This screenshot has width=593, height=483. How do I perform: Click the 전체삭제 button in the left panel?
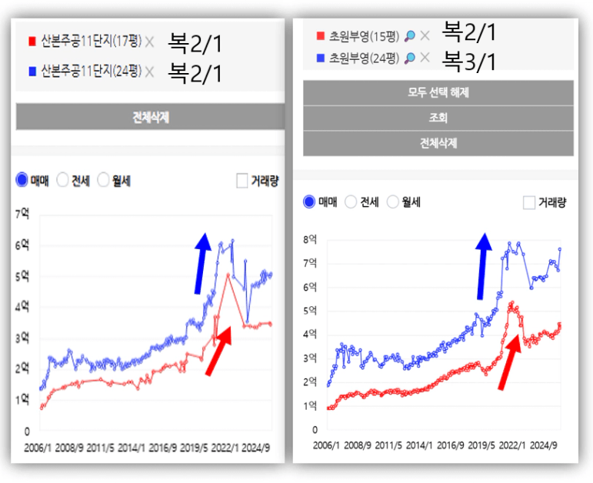click(150, 118)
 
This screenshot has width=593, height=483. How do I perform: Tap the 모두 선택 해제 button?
click(438, 92)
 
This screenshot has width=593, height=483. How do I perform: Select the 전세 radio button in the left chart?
click(64, 181)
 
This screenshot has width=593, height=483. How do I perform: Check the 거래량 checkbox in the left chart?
click(242, 181)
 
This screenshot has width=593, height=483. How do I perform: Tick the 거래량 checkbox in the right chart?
click(528, 202)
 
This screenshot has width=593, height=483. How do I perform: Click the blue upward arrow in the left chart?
click(202, 262)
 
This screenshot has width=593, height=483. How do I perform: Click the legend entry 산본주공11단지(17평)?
click(91, 42)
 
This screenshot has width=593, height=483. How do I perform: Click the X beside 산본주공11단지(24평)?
click(149, 72)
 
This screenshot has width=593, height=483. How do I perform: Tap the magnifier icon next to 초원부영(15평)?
click(410, 35)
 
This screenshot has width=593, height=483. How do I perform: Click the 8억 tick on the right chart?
click(310, 239)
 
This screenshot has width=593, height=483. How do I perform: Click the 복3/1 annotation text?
click(470, 60)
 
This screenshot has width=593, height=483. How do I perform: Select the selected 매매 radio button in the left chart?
click(22, 181)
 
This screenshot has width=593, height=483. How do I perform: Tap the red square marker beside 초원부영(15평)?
click(321, 35)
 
